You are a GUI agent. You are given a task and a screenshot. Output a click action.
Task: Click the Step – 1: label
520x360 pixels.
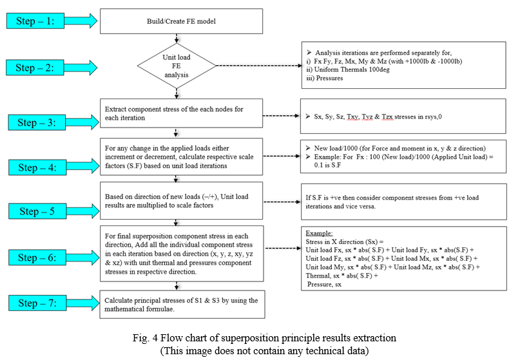click(x=35, y=21)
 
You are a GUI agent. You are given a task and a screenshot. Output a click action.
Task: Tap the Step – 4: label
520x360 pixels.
click(x=37, y=167)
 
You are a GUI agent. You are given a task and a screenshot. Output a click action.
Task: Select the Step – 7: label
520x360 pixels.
click(x=37, y=303)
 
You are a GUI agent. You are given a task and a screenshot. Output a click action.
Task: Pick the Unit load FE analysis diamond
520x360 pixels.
click(x=177, y=66)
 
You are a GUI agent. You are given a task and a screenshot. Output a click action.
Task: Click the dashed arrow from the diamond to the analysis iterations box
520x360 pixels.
click(x=259, y=66)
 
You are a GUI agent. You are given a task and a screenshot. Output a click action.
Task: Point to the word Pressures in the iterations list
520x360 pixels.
click(x=329, y=78)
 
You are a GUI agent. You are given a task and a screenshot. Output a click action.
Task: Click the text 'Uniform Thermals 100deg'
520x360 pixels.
click(x=352, y=70)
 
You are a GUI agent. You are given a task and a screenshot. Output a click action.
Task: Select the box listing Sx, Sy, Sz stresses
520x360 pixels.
click(x=403, y=116)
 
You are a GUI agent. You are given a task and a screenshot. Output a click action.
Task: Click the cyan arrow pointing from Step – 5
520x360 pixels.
click(x=83, y=211)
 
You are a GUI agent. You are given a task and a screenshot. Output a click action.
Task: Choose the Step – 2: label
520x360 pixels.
click(x=35, y=67)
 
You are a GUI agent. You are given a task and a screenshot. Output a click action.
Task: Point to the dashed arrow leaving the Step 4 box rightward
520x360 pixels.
click(x=282, y=156)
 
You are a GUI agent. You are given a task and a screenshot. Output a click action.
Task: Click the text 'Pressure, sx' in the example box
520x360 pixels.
click(x=324, y=285)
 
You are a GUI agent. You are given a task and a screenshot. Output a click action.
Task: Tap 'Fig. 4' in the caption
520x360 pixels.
click(x=145, y=338)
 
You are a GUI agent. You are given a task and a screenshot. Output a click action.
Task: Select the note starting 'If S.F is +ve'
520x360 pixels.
click(x=404, y=202)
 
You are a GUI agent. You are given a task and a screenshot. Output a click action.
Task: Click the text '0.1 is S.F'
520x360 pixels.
click(x=327, y=165)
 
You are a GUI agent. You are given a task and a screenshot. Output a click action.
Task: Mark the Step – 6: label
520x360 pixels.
click(x=37, y=257)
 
